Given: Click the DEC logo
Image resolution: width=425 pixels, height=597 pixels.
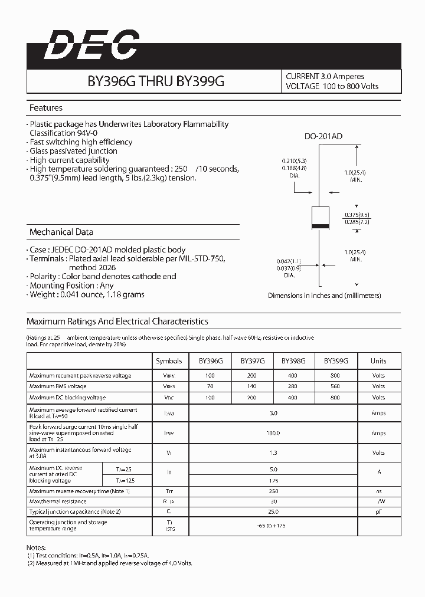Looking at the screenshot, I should point(91,46).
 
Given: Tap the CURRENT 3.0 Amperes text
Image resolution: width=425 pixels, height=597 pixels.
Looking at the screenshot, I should point(325,77).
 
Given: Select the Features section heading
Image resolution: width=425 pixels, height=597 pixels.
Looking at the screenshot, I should point(46,108).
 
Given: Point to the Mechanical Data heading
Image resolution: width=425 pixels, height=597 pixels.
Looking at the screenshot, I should point(61,232).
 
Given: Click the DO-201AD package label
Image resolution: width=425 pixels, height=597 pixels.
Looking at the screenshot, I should point(323,137).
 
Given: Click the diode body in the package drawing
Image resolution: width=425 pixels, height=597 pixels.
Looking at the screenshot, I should point(320,218).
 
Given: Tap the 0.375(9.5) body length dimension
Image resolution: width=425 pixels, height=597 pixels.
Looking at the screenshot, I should point(357,214).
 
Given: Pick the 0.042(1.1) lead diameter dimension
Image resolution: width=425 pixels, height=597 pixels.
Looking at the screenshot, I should point(289,261).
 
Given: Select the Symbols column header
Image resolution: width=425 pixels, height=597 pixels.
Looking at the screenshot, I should point(169,361).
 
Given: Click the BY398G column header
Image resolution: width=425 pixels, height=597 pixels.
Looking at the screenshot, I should point(293,361).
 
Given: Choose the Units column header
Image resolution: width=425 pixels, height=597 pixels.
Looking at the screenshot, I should point(378,361).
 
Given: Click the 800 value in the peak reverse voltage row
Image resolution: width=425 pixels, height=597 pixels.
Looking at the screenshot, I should point(335,375).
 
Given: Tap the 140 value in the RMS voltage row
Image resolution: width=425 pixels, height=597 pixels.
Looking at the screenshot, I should point(253,386).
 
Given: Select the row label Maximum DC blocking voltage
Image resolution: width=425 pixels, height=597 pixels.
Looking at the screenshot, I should point(68,398).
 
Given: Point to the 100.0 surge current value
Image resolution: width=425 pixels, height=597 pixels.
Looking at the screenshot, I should point(273,433).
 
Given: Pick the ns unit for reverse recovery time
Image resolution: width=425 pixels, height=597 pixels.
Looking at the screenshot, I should point(378,491).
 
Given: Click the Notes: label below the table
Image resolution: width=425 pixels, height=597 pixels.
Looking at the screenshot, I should point(36,547).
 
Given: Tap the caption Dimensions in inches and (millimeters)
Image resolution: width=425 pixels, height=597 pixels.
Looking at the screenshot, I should point(324,296).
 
